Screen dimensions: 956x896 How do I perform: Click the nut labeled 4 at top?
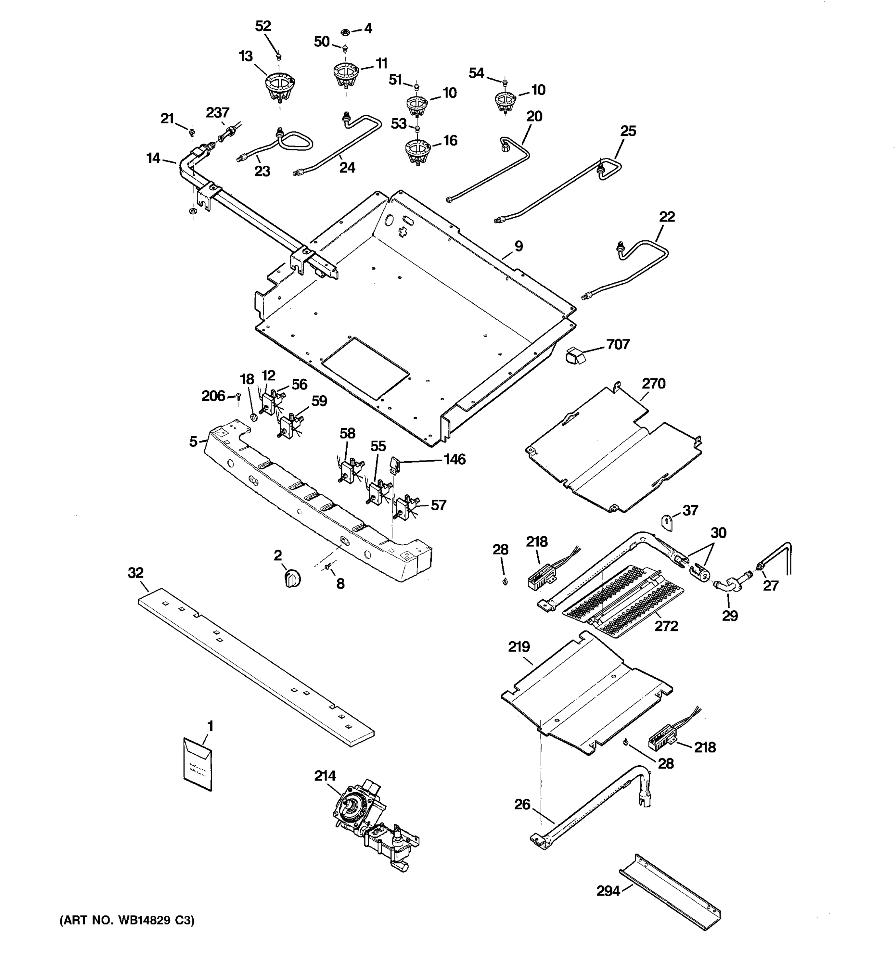point(344,32)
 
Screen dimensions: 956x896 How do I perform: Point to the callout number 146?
point(454,459)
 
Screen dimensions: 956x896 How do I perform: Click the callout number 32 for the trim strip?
point(135,573)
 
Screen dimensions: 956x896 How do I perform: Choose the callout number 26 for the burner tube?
point(522,804)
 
